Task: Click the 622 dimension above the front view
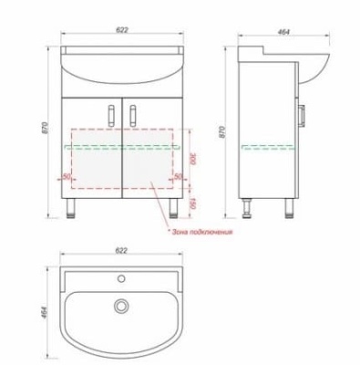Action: pyautogui.click(x=122, y=30)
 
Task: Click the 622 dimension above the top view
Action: pyautogui.click(x=121, y=250)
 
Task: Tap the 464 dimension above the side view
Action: pyautogui.click(x=283, y=31)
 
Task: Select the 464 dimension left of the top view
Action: pyautogui.click(x=45, y=312)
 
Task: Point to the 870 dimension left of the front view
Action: pyautogui.click(x=46, y=128)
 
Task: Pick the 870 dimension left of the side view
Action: pyautogui.click(x=222, y=132)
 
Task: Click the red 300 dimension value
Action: pyautogui.click(x=192, y=159)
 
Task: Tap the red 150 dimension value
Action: pyautogui.click(x=192, y=203)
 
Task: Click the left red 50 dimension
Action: pyautogui.click(x=66, y=176)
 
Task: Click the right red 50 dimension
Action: pyautogui.click(x=179, y=176)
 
